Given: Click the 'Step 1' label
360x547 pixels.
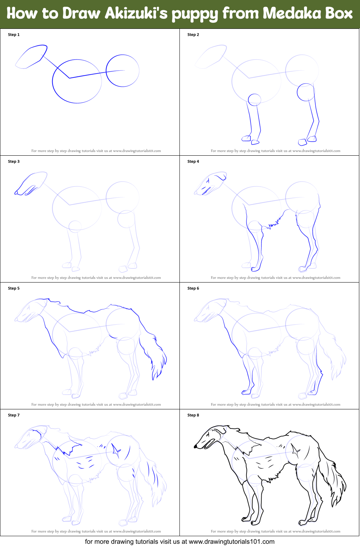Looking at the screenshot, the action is (14, 35).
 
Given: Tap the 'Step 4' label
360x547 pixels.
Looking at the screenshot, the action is (193, 161).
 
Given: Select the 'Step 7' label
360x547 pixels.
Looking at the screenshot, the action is (14, 415).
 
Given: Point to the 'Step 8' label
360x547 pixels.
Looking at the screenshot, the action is (193, 415).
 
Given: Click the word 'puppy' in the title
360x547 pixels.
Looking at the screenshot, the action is (195, 15).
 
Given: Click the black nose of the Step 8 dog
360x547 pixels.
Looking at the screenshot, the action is (195, 446).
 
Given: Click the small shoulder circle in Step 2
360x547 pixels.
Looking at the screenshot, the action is (254, 99).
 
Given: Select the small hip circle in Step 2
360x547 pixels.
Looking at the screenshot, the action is (306, 92).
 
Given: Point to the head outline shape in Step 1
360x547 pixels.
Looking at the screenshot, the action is (31, 57).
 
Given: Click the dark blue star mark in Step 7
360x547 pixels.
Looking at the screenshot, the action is (116, 450).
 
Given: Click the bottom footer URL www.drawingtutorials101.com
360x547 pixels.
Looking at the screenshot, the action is (232, 542).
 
